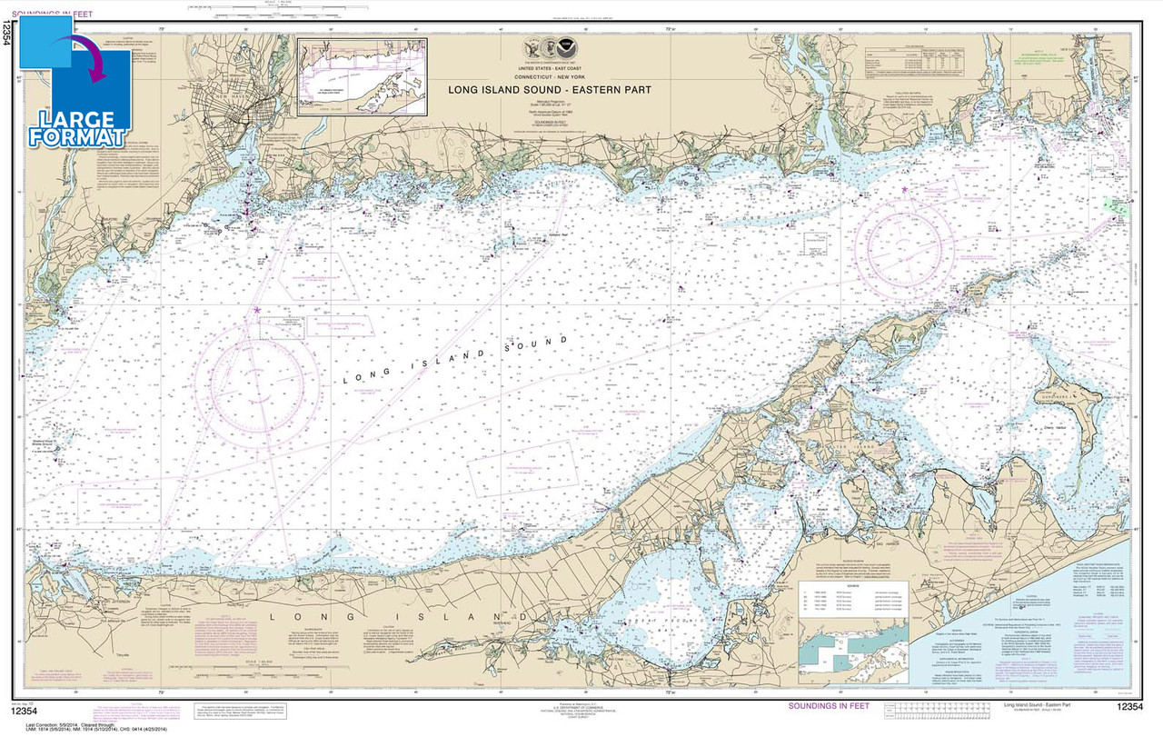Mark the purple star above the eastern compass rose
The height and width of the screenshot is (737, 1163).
pyautogui.click(x=905, y=189)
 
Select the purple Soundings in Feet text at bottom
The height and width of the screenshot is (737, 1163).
pyautogui.click(x=831, y=706)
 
